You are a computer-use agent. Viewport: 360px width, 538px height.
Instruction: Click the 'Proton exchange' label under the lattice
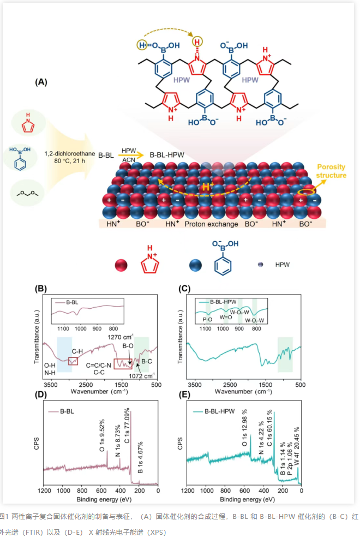point(211,224)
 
